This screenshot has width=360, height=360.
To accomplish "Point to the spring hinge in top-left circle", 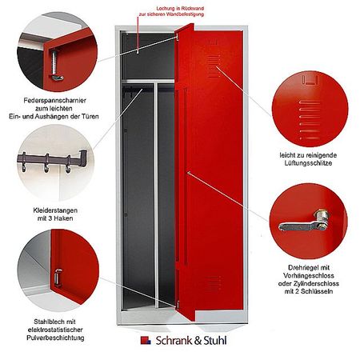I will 56,64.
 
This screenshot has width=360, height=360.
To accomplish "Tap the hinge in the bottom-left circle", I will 59,276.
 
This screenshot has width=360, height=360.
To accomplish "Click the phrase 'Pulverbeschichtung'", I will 53,338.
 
